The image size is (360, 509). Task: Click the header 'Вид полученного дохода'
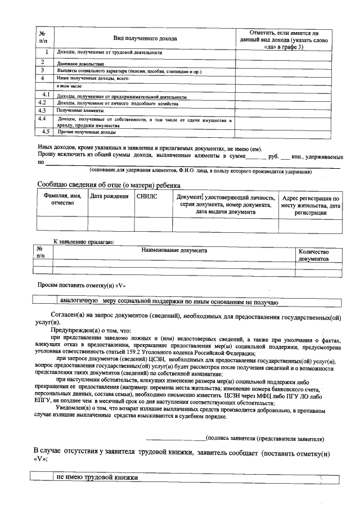point(145,39)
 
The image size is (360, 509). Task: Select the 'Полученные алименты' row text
point(78,111)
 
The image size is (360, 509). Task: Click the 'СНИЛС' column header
point(147,197)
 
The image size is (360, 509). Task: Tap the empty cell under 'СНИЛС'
point(152,224)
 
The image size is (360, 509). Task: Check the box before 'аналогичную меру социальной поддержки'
point(44,301)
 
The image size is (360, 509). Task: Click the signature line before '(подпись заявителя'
point(175,438)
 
